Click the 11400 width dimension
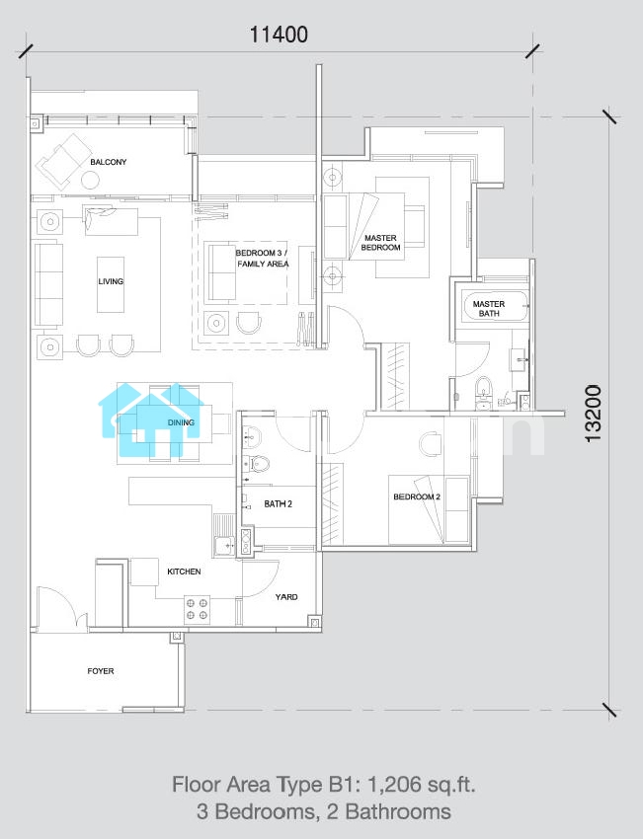pyautogui.click(x=279, y=35)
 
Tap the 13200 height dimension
pyautogui.click(x=594, y=413)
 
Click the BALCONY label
pyautogui.click(x=108, y=162)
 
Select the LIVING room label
pyautogui.click(x=111, y=281)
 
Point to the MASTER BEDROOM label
pyautogui.click(x=380, y=243)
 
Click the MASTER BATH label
pyautogui.click(x=489, y=308)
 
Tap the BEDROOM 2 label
pyautogui.click(x=417, y=496)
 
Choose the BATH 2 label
pyautogui.click(x=278, y=503)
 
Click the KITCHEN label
pyautogui.click(x=184, y=572)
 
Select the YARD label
pyautogui.click(x=285, y=596)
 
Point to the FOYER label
pyautogui.click(x=101, y=670)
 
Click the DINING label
pyautogui.click(x=181, y=422)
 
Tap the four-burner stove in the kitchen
pyautogui.click(x=197, y=609)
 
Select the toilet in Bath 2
pyautogui.click(x=259, y=463)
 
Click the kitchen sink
pyautogui.click(x=224, y=545)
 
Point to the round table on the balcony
pyautogui.click(x=90, y=180)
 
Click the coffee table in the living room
pyautogui.click(x=111, y=284)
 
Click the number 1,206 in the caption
pyautogui.click(x=392, y=785)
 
